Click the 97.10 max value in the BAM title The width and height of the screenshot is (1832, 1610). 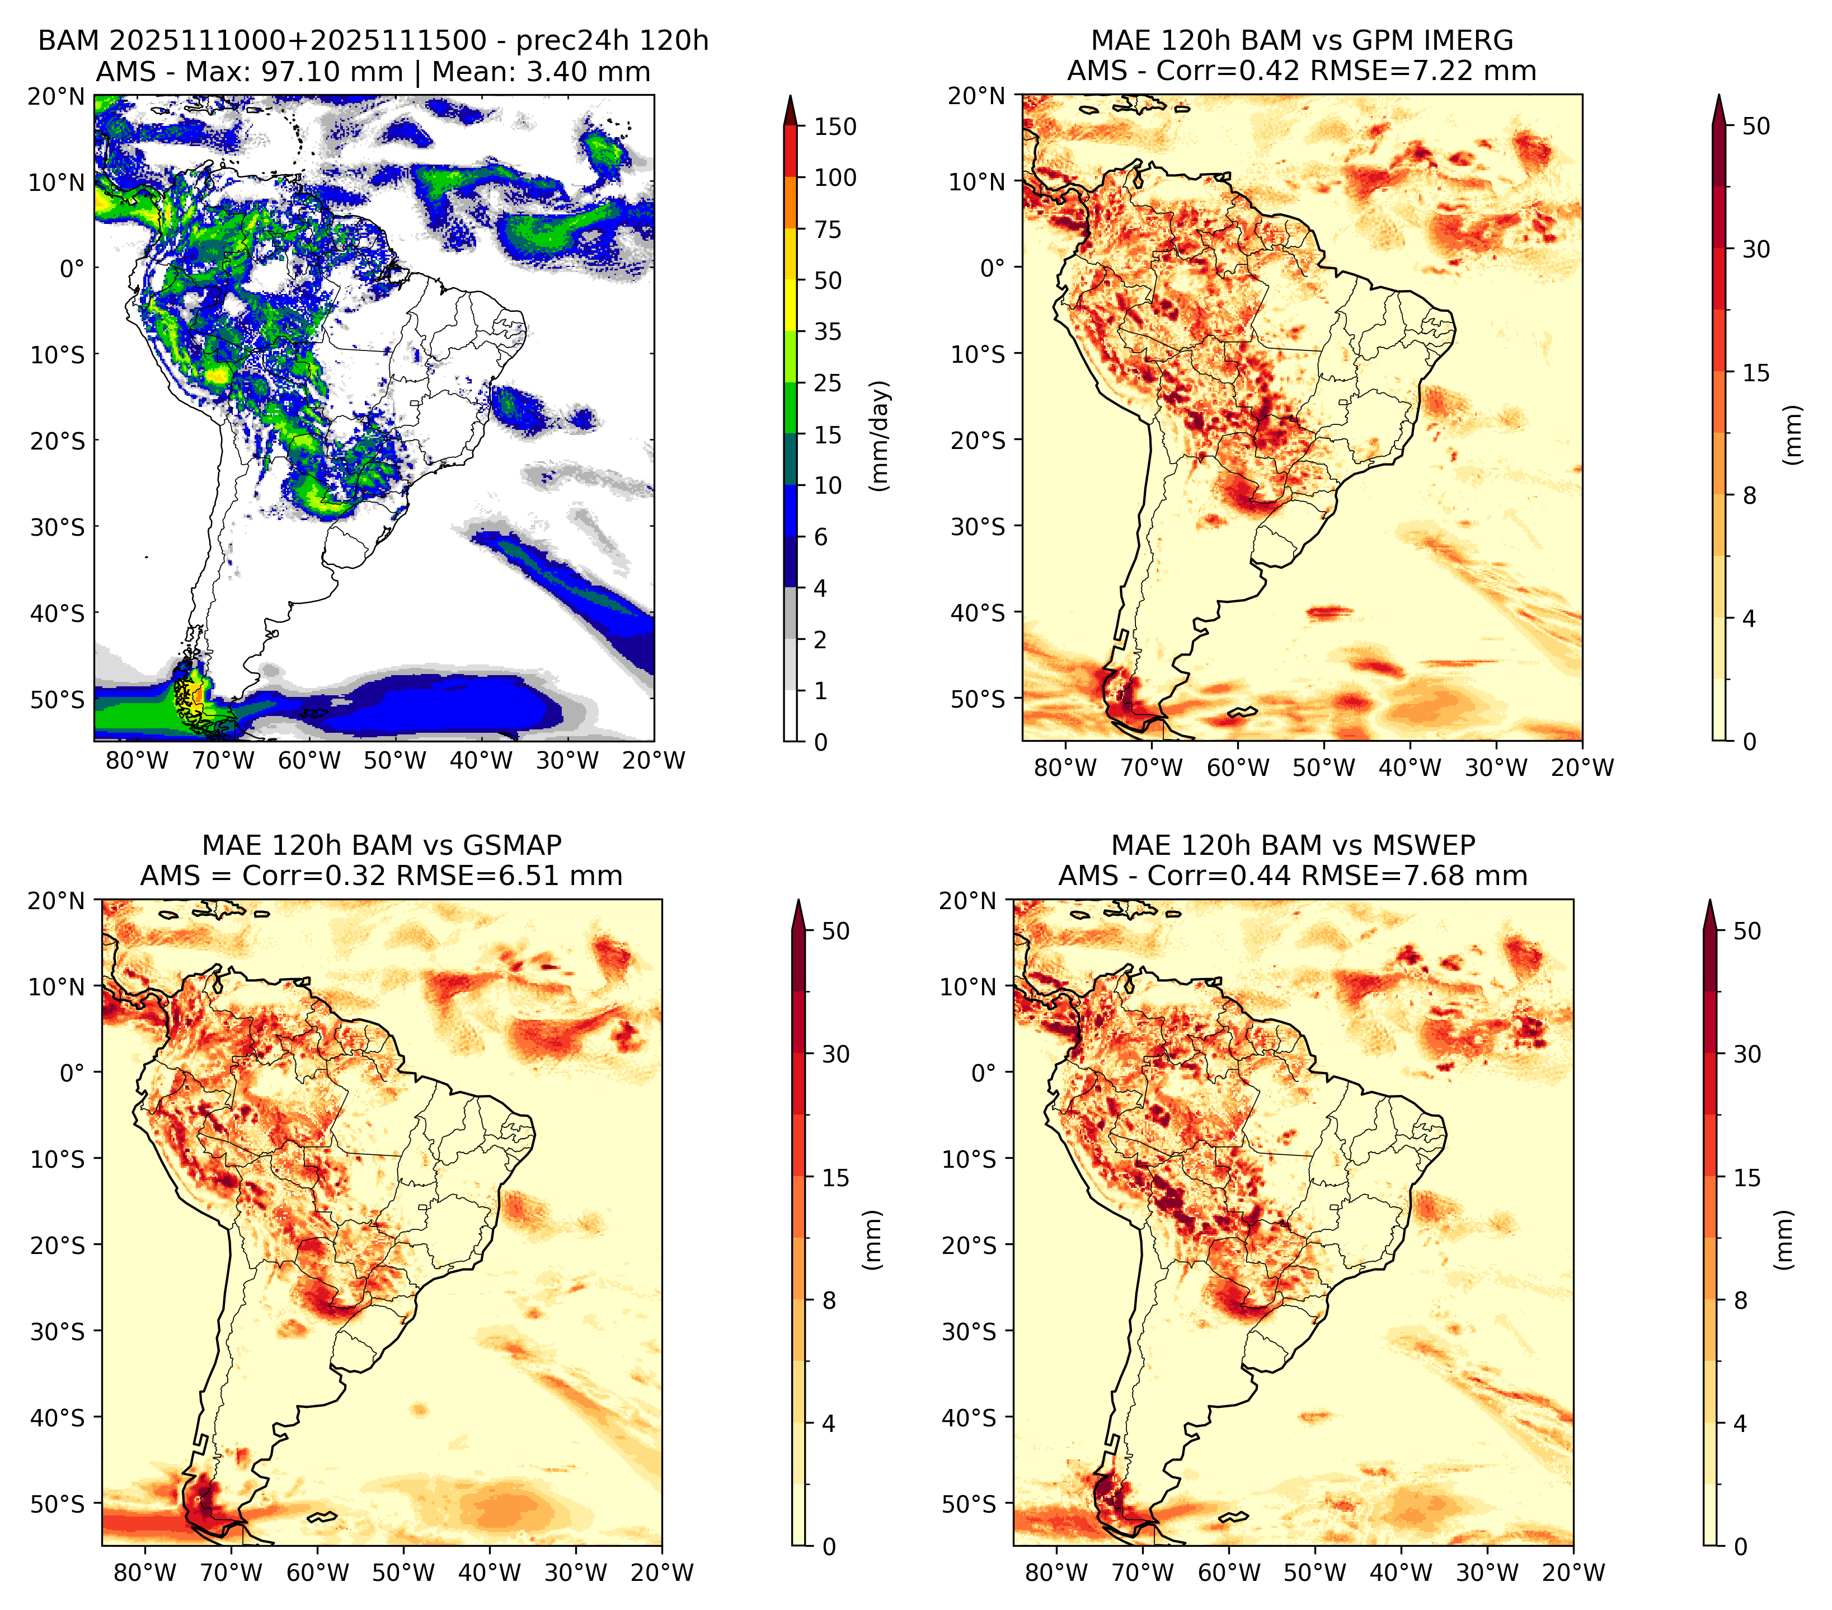pos(332,72)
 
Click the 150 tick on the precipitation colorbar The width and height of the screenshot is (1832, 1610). pos(835,127)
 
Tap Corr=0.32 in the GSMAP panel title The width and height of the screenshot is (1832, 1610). pos(314,876)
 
